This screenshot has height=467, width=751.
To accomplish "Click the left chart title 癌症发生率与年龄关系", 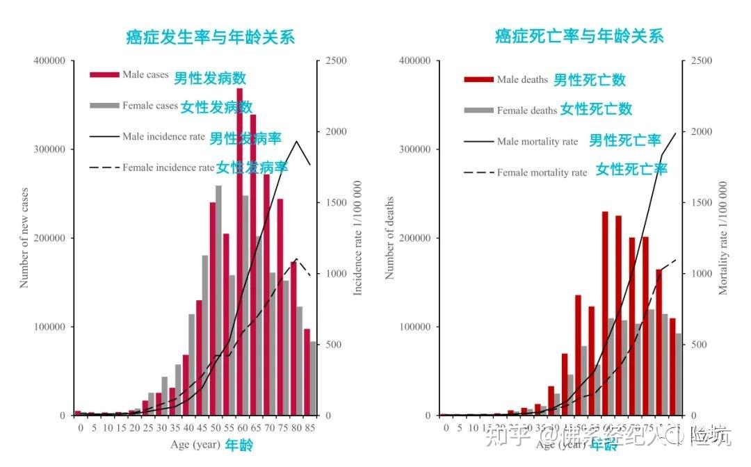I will click(210, 37).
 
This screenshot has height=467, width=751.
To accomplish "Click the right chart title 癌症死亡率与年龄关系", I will click(579, 36).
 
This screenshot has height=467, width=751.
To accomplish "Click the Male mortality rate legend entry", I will click(537, 142).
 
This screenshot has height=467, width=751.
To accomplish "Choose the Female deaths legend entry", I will click(526, 110).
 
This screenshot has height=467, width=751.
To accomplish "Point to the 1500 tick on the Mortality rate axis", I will click(702, 203).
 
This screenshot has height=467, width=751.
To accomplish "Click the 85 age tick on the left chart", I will click(309, 428).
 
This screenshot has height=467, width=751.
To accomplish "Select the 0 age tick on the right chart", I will click(446, 428).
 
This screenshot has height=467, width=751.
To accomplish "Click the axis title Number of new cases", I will click(24, 238).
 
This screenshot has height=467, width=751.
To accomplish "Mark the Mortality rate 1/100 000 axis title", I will click(723, 238).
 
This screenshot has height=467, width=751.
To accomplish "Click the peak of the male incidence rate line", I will click(297, 142).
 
